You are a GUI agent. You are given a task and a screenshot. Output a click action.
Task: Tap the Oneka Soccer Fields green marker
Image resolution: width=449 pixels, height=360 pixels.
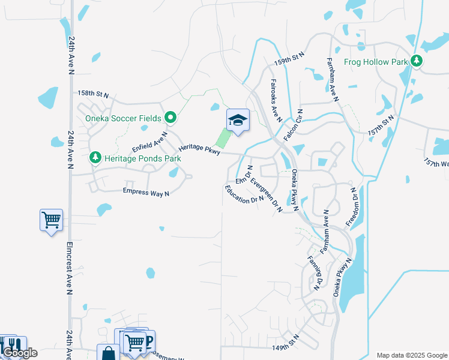170,118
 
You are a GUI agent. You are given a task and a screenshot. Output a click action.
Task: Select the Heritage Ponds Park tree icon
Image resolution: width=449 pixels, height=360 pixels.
95,157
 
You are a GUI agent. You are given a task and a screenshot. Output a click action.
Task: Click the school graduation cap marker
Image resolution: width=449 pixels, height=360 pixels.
238,121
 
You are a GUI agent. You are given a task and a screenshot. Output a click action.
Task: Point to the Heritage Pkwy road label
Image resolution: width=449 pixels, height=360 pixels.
199,150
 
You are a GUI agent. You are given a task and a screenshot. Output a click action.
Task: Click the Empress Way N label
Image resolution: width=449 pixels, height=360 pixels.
146,192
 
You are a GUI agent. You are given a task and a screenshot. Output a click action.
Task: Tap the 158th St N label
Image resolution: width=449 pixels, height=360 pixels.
93,94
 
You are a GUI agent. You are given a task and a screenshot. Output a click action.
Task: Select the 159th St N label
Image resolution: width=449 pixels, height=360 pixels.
290,58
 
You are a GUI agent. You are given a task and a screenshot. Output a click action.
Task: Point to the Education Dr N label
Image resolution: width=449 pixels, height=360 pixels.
244,194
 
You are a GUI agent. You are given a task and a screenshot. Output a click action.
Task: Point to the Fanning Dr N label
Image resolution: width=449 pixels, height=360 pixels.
314,273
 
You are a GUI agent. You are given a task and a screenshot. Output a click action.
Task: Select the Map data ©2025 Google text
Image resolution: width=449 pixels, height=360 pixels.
411,355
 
